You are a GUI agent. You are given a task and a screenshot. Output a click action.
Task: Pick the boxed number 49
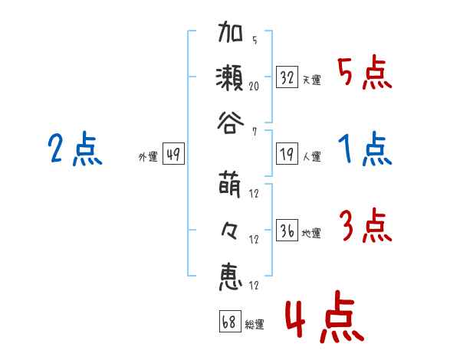click(172, 155)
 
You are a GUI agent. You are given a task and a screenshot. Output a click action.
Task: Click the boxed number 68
click(229, 322)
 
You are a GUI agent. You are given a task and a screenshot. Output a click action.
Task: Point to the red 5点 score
click(363, 74)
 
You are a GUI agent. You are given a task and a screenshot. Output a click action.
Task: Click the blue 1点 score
click(364, 149)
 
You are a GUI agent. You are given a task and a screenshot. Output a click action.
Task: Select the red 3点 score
click(364, 227)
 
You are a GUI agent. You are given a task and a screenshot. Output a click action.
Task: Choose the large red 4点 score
click(323, 320)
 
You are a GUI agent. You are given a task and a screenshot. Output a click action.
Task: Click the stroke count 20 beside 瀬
click(253, 87)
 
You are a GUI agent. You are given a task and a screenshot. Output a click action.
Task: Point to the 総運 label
click(255, 325)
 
